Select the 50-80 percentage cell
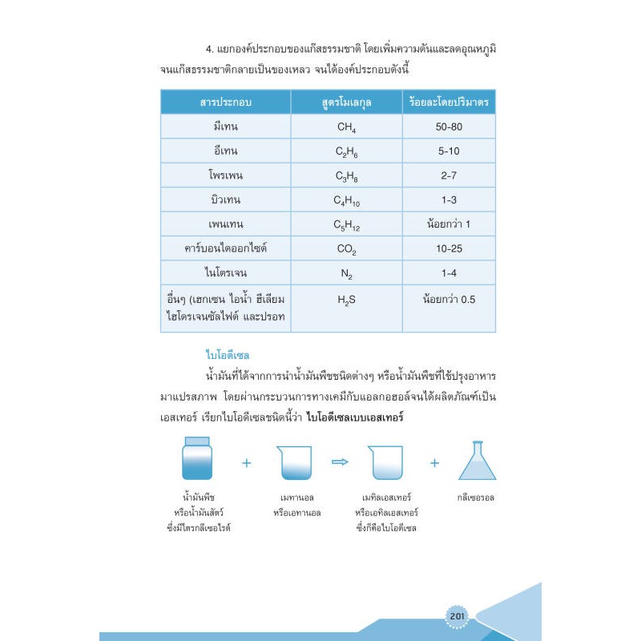click(449, 127)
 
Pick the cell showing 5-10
click(449, 151)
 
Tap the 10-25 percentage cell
click(449, 248)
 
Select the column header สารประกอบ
click(226, 102)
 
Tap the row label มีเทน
click(226, 127)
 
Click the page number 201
click(458, 615)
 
